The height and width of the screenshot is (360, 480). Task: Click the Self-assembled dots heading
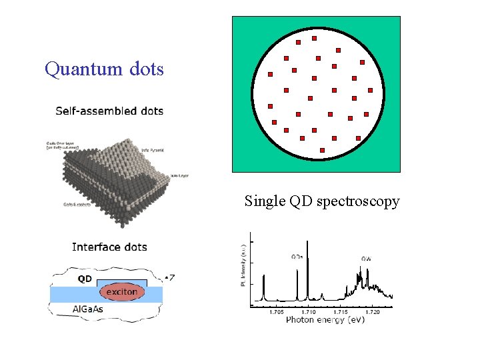point(109,111)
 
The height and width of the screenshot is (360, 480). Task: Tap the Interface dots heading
point(109,247)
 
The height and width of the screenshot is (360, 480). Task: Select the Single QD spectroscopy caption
point(322,201)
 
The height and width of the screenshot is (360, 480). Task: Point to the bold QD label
point(85,279)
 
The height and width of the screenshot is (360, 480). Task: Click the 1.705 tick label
point(276,312)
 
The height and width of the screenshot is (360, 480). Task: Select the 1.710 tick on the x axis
point(308,312)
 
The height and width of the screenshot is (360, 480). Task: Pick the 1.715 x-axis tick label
point(341,312)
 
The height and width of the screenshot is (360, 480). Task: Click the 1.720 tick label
point(373,312)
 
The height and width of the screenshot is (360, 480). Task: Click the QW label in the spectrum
point(367,258)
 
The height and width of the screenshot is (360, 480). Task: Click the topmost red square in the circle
point(314,38)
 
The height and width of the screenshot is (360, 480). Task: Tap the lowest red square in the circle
point(322,151)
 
